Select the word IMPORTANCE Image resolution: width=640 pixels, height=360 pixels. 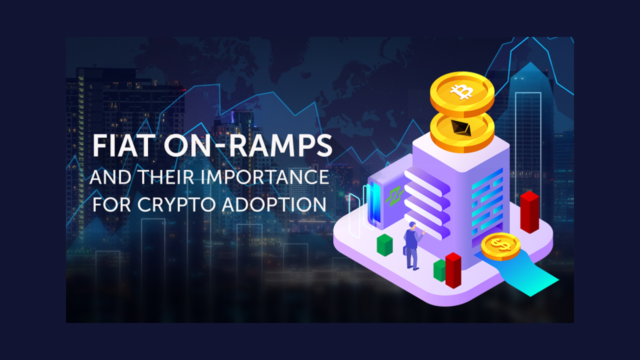[265, 177]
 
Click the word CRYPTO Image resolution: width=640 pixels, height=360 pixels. [176, 204]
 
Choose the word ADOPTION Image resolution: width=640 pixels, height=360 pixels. [274, 204]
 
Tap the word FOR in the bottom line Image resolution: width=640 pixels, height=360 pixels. [111, 204]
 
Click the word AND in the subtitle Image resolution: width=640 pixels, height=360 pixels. [110, 177]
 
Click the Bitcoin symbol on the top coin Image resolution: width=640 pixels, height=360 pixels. [461, 91]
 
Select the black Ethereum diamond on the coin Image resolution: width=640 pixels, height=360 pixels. [461, 127]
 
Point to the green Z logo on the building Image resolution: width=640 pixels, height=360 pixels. [394, 196]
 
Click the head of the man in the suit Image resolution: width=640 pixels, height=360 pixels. [412, 225]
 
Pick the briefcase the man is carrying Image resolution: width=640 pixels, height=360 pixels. [405, 250]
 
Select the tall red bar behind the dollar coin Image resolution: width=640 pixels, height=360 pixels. [529, 212]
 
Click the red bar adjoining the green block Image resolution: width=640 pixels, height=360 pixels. [453, 270]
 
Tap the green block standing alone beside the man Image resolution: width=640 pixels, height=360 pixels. [384, 245]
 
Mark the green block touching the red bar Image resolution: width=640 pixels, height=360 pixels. [439, 270]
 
